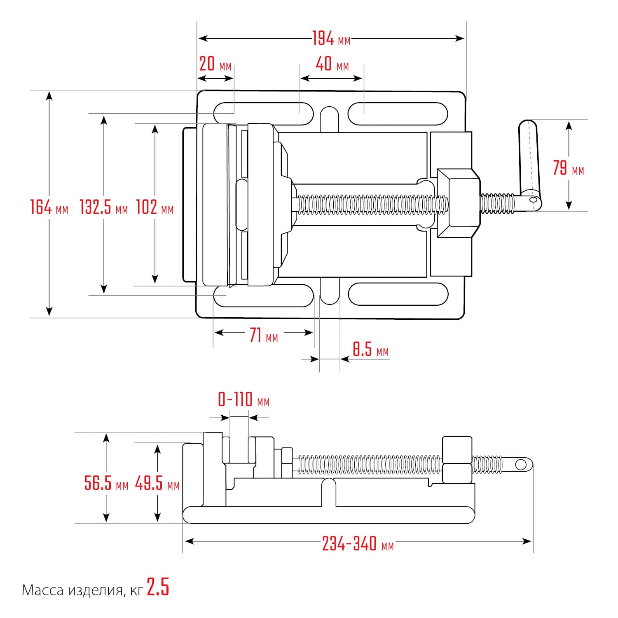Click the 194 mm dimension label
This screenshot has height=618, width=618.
[x=331, y=39]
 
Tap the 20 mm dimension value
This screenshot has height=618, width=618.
[x=215, y=64]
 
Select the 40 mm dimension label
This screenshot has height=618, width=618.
[x=332, y=64]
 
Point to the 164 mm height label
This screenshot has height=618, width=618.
[x=49, y=207]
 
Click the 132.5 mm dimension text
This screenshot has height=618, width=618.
[x=104, y=207]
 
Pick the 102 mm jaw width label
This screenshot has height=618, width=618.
[x=155, y=207]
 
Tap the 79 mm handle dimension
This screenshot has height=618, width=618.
[x=569, y=168]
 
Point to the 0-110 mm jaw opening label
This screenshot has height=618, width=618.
[x=243, y=400]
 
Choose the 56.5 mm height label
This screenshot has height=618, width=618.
[x=106, y=483]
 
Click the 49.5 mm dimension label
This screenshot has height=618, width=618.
[x=157, y=483]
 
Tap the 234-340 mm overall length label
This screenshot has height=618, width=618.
[x=358, y=544]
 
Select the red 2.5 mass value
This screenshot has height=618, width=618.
[x=158, y=588]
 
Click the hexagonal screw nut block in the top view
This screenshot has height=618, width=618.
[x=459, y=203]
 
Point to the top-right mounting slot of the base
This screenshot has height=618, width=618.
[x=398, y=114]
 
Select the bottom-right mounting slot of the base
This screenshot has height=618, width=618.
[x=398, y=294]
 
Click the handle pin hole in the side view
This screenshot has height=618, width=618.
[x=521, y=465]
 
